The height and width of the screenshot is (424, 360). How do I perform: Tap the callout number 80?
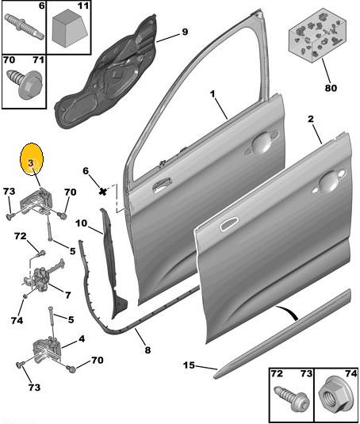pos(331,88)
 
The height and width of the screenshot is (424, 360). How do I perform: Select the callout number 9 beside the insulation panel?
pos(185,32)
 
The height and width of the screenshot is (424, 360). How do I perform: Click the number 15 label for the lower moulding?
pos(189,365)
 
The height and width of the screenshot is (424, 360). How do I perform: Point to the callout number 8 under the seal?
pos(147,350)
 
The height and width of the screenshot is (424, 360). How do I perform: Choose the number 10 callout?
pos(82,223)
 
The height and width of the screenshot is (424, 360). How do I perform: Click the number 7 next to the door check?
pos(67,295)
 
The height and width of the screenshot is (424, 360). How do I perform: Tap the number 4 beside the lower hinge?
pos(82,338)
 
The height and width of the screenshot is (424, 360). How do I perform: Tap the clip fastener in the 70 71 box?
pos(26,83)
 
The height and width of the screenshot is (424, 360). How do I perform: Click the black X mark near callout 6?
pos(103,192)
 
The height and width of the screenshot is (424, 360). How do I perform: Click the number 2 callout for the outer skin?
pos(311,119)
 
